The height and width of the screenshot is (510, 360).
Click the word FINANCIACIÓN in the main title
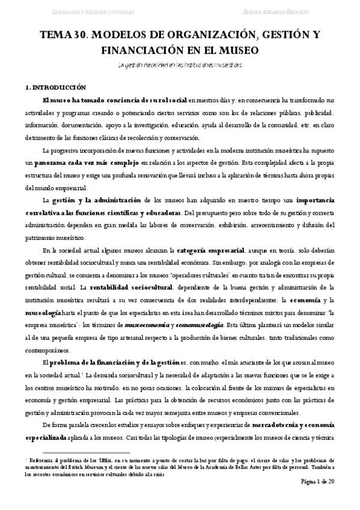tap(101, 49)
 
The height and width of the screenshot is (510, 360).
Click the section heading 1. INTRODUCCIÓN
tap(52, 87)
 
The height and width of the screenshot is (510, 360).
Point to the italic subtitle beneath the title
tap(180, 64)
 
